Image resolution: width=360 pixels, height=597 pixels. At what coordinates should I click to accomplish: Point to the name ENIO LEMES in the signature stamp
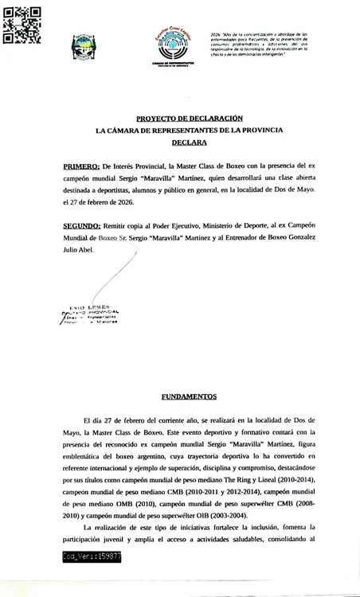[93, 306]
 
